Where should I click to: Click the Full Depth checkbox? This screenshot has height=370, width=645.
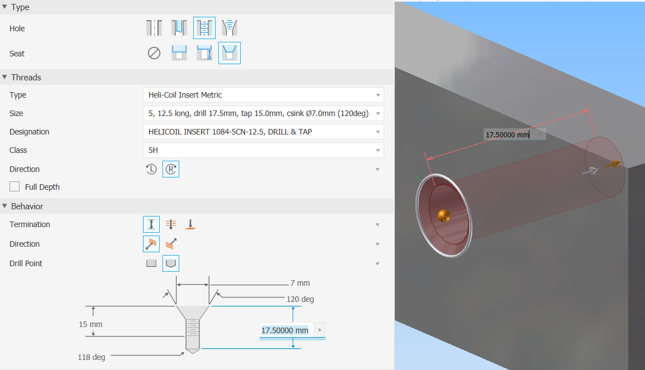(15, 187)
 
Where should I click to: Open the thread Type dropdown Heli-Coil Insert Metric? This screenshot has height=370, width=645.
(263, 95)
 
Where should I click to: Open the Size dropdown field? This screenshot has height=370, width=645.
(263, 113)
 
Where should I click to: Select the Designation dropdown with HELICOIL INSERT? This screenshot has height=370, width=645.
(263, 132)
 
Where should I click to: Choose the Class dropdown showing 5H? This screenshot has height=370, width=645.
(263, 150)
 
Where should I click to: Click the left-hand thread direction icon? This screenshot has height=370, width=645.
(151, 169)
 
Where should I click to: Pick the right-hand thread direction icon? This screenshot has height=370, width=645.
(171, 169)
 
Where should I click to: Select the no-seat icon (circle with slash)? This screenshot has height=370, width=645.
(154, 54)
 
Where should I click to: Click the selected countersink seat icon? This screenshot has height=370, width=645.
(230, 54)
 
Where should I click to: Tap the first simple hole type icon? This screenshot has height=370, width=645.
(154, 28)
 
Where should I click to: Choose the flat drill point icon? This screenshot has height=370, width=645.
(151, 263)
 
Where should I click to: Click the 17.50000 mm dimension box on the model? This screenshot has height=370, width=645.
(507, 134)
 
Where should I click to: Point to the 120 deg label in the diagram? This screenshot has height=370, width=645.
(300, 299)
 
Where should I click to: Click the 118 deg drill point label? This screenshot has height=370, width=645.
(91, 357)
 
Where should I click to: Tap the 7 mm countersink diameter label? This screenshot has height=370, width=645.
(300, 283)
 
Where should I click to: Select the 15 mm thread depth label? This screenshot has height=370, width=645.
(90, 324)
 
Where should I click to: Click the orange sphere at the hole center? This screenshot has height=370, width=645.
(443, 214)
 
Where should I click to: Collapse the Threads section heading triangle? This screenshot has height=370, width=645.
(4, 78)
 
